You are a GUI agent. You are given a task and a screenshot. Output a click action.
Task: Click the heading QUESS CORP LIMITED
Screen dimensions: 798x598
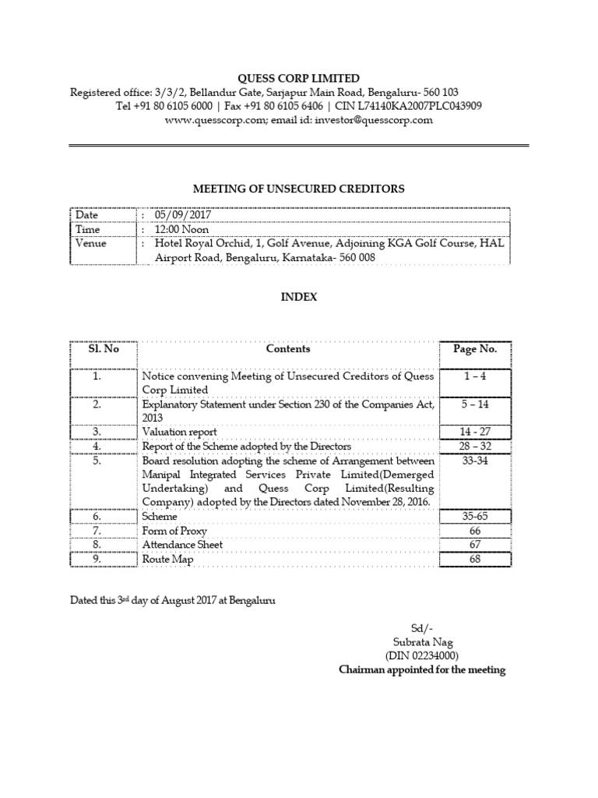pos(299,78)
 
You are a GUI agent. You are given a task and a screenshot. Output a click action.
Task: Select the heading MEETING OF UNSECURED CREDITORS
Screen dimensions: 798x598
pos(298,188)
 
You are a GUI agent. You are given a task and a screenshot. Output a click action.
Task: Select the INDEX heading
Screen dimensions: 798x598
pos(299,297)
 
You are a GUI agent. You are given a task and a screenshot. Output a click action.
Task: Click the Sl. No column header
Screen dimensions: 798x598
pos(103,349)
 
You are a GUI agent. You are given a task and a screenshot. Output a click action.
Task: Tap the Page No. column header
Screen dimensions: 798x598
pos(474,349)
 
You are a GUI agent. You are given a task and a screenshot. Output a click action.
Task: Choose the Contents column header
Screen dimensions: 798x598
pos(287,349)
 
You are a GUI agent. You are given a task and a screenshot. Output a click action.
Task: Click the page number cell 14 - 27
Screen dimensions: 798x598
pos(474,431)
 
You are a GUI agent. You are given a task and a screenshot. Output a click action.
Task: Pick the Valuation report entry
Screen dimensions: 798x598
pos(179,431)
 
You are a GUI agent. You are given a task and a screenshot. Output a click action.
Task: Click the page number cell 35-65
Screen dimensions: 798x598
pos(474,516)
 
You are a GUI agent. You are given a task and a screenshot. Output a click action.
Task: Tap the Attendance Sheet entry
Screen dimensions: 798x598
pos(182,545)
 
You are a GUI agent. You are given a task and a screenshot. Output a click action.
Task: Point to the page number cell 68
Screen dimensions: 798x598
pos(474,559)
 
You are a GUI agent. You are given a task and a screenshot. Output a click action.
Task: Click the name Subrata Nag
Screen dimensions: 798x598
pos(421,642)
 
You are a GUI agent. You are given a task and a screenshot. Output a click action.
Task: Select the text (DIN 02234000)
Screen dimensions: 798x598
pos(421,656)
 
